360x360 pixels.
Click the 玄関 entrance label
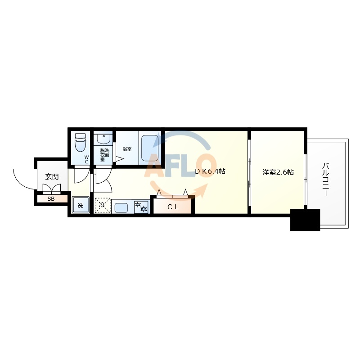pos(51,176)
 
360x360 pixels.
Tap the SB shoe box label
pos(51,198)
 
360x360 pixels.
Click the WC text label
pos(87,159)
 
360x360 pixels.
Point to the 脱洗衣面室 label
pos(104,155)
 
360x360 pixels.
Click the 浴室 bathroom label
pos(127,149)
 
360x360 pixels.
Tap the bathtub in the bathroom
pos(149,148)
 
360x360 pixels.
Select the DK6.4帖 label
pos(210,171)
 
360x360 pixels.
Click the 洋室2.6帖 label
pos(278,172)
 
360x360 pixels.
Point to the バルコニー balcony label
pos(324,180)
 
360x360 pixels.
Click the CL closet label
pos(173,207)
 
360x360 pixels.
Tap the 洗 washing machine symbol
pos(81,206)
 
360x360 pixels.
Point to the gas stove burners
pos(141,207)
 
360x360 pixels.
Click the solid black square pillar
pos(305,220)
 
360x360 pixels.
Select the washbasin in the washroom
pos(104,138)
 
